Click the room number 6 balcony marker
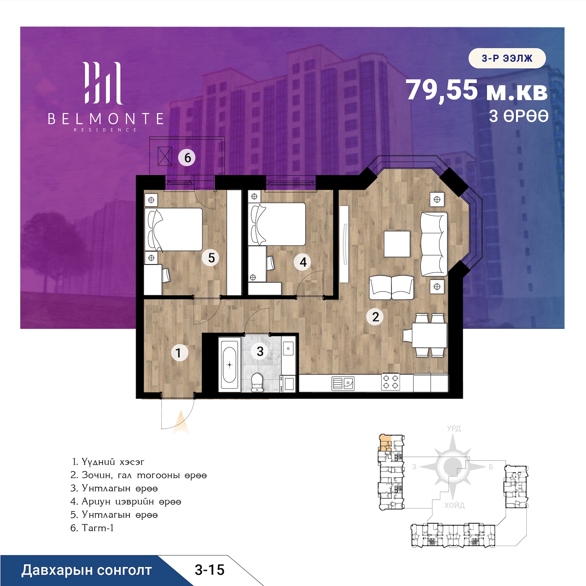coord(187,158)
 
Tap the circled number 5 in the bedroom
coord(211,258)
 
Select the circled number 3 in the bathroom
coord(260,351)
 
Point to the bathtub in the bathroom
coord(229,365)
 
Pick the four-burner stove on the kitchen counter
coord(391,381)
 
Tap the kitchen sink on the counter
coord(343,384)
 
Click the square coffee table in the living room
coord(397,244)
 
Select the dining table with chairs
coord(425,335)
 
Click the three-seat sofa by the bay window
coord(434,244)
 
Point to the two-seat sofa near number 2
coord(391,288)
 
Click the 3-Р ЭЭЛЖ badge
coord(507,58)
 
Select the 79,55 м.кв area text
coord(476,90)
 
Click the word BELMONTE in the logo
coord(106,119)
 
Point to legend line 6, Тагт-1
coord(92,528)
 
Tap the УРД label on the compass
coord(454,428)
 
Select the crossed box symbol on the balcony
coord(165,156)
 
